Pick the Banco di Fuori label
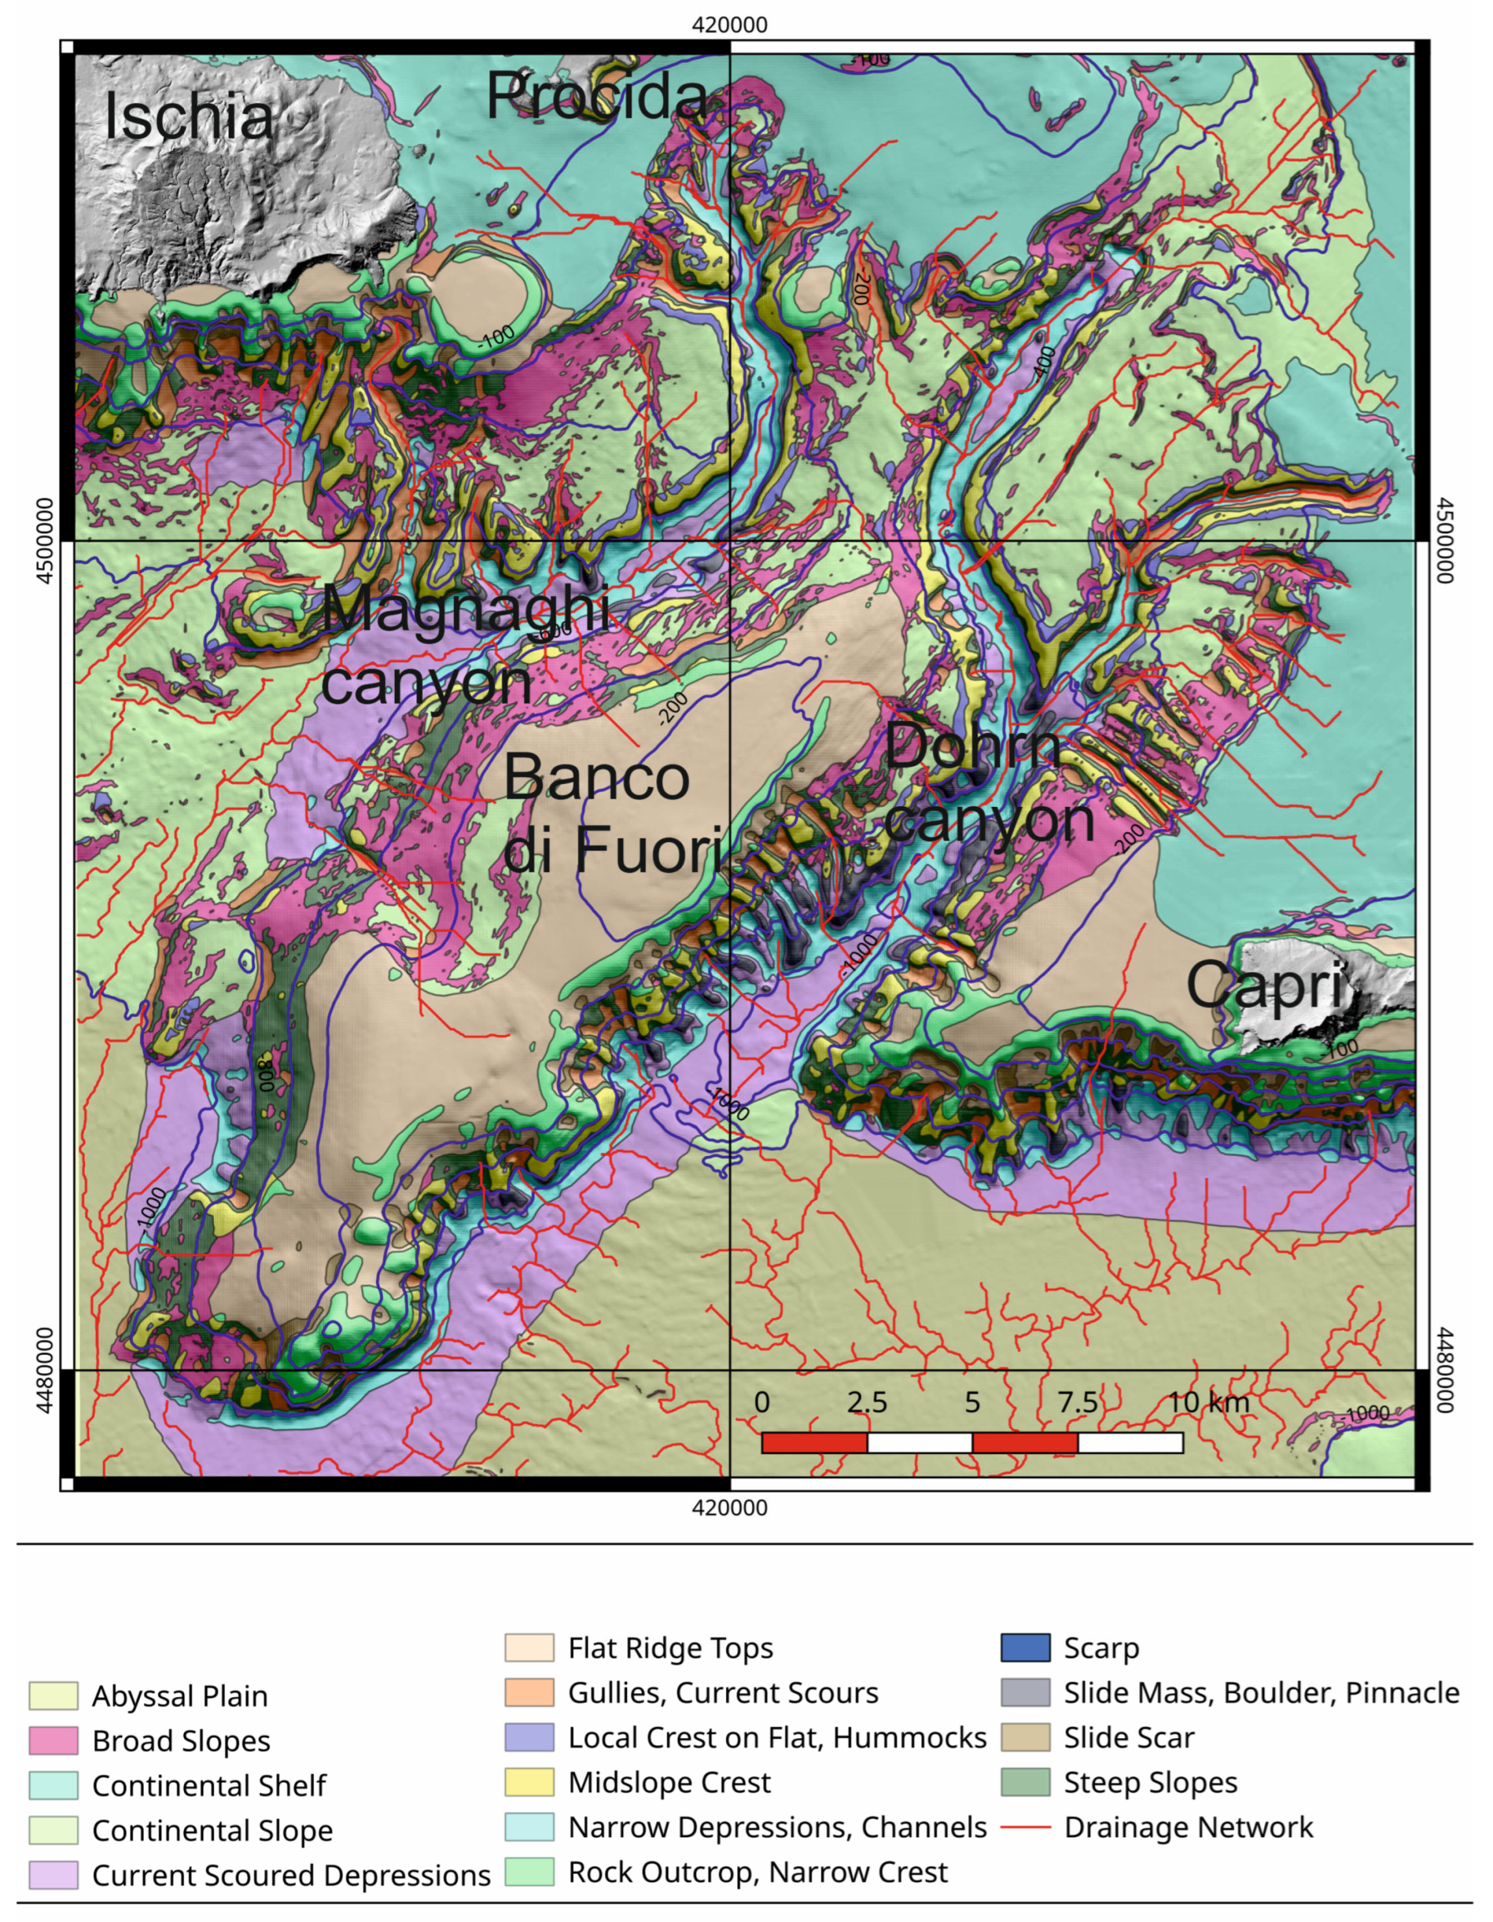pyautogui.click(x=611, y=814)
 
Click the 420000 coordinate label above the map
pyautogui.click(x=729, y=25)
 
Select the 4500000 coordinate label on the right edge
pyautogui.click(x=1446, y=540)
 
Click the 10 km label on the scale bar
pyautogui.click(x=1208, y=1402)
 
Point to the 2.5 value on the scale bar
pyautogui.click(x=867, y=1402)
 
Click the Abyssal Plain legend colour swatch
pyautogui.click(x=53, y=1696)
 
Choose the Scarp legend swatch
pyautogui.click(x=1025, y=1648)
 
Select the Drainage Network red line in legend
pyautogui.click(x=1025, y=1828)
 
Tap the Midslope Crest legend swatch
pyautogui.click(x=529, y=1782)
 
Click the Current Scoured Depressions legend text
pyautogui.click(x=291, y=1875)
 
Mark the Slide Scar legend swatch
pyautogui.click(x=1025, y=1737)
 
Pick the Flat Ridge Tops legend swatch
pyautogui.click(x=529, y=1648)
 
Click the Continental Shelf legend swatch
pyautogui.click(x=53, y=1785)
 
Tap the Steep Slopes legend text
pyautogui.click(x=1150, y=1782)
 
